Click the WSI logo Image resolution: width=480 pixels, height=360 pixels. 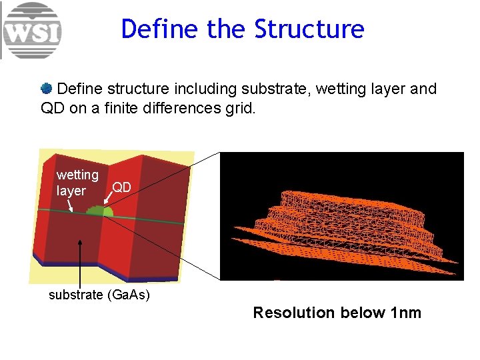pos(32,31)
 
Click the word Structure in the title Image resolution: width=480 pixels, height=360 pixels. pos(310,29)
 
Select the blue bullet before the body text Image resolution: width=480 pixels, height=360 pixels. pos(47,88)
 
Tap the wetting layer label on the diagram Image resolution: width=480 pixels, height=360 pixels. pos(77,183)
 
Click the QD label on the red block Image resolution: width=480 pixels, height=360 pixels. pos(121,187)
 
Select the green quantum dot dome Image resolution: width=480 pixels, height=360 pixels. pos(100,211)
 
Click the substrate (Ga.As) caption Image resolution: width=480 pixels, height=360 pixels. pos(99,295)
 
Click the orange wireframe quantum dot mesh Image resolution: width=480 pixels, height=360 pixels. pos(353,220)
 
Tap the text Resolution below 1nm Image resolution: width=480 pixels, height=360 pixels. pos(337,313)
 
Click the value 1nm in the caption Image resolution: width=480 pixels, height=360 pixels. pos(403,313)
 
